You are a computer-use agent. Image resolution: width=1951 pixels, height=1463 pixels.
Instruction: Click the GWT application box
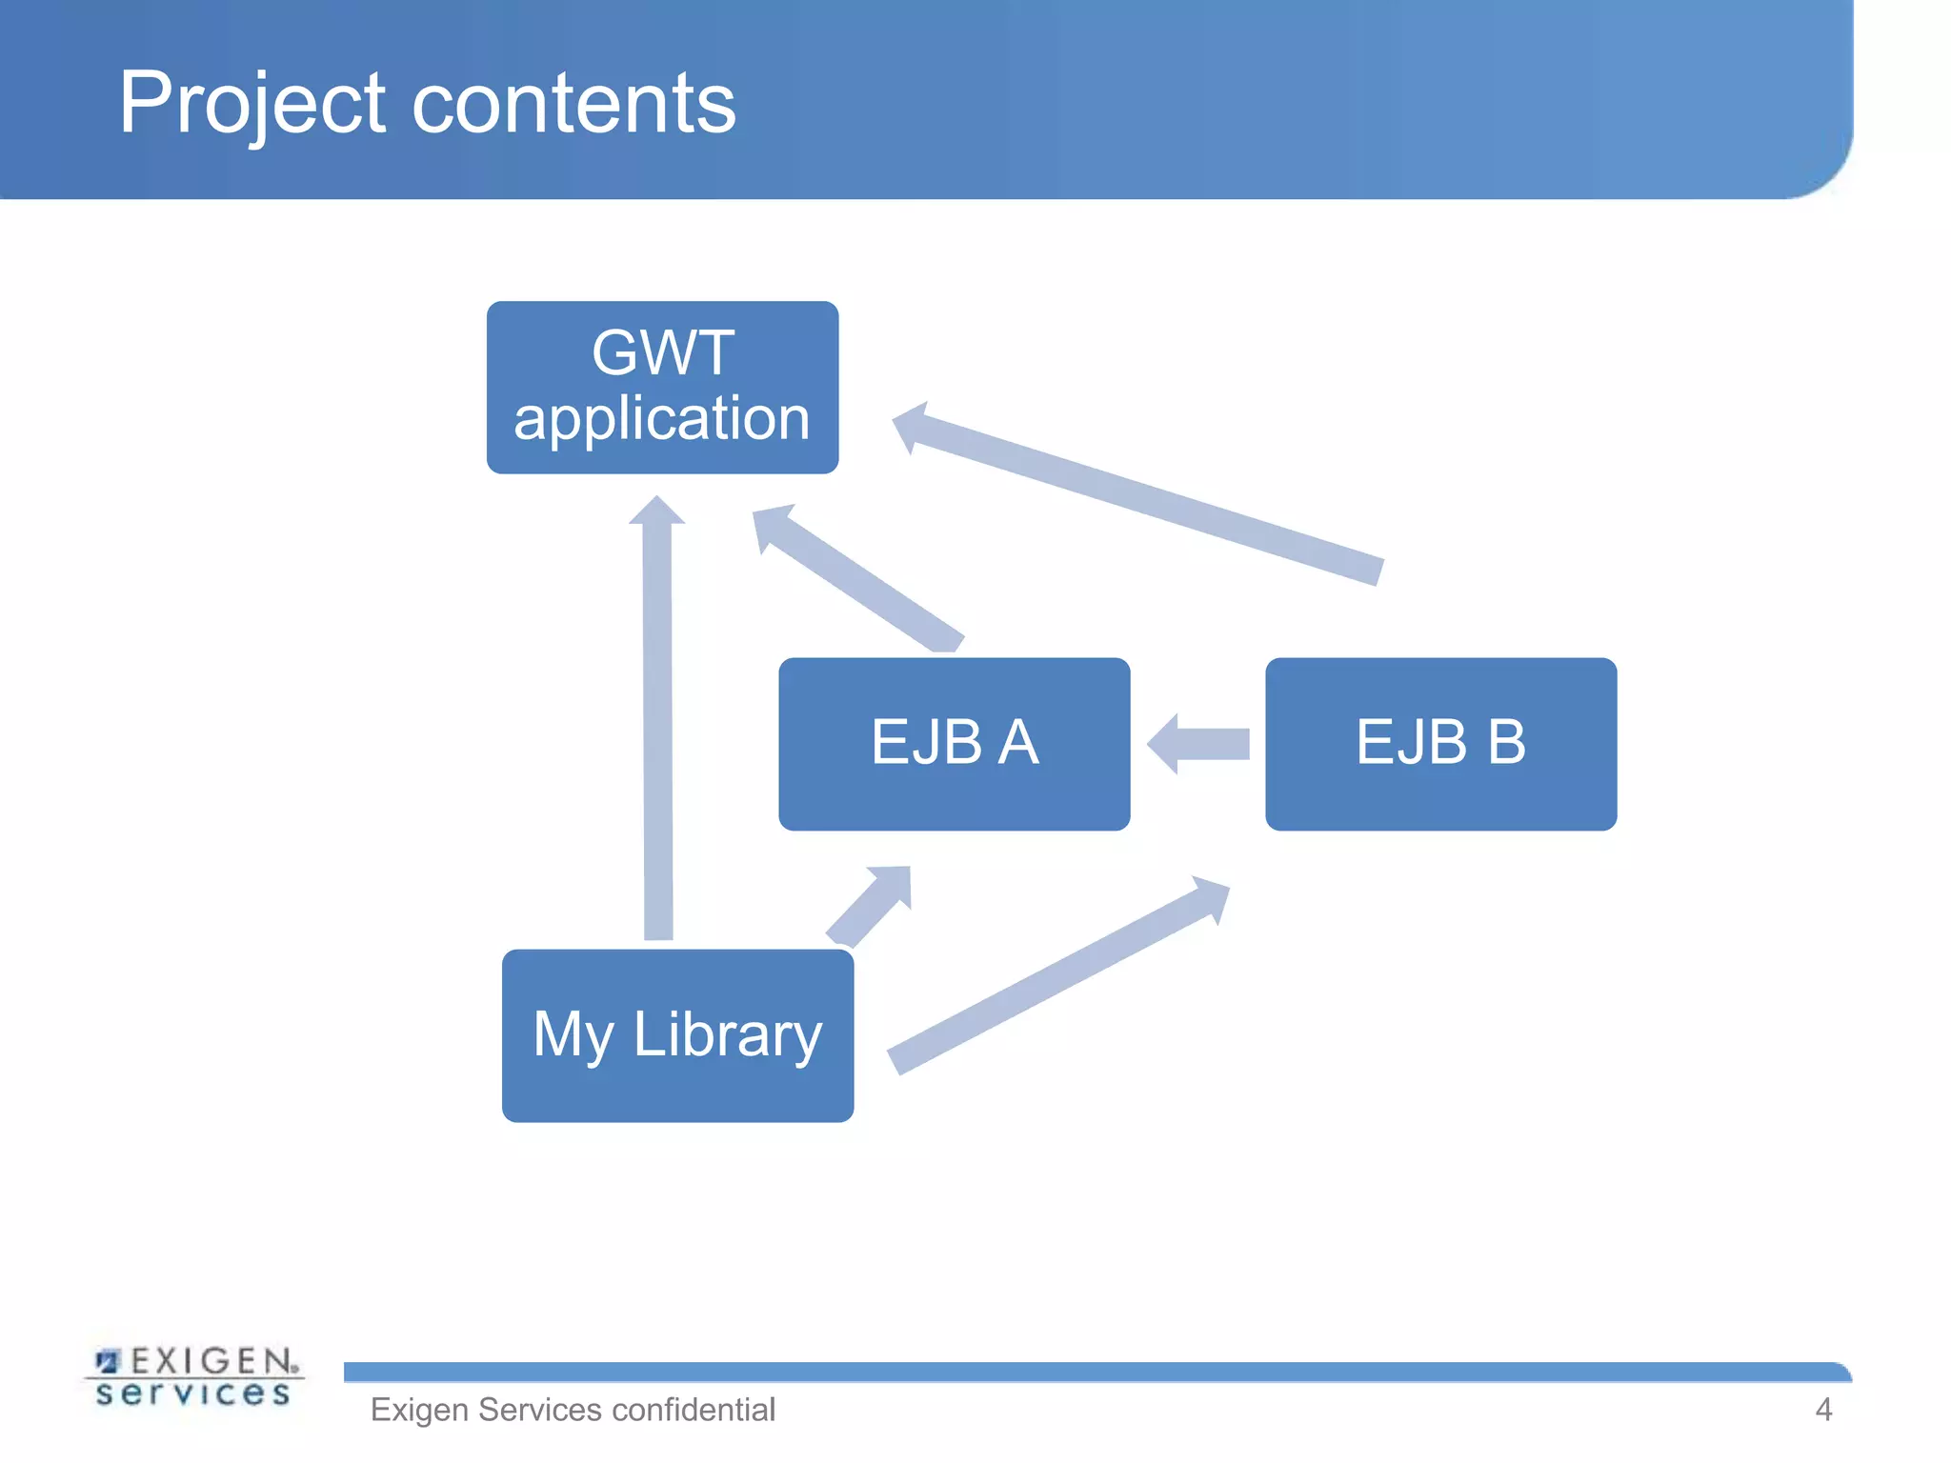[662, 387]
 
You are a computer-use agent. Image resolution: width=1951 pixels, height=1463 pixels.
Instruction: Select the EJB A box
[954, 743]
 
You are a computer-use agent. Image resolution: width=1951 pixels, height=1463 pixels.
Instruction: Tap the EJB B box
[1440, 743]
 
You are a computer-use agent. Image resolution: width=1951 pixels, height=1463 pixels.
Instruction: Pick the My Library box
[677, 1035]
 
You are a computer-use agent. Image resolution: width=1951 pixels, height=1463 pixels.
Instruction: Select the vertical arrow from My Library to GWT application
[658, 724]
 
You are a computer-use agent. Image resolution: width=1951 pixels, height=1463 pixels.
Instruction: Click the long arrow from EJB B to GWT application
[1143, 495]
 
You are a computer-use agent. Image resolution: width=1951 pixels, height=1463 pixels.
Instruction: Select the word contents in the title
[573, 103]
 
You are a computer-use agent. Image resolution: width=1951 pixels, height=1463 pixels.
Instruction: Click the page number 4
[1823, 1410]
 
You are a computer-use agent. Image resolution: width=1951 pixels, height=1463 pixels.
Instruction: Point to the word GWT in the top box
[663, 353]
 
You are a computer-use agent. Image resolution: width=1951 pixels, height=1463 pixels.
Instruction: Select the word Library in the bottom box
[727, 1035]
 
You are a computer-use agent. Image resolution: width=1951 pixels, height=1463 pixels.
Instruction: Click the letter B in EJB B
[1506, 742]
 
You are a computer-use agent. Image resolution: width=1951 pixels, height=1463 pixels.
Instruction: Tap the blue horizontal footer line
[1096, 1373]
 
